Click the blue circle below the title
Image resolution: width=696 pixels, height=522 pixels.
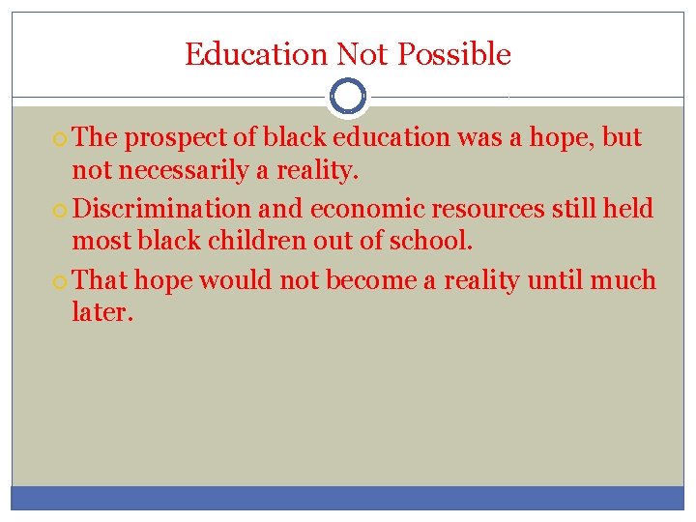348,97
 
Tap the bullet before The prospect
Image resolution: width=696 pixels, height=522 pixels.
61,139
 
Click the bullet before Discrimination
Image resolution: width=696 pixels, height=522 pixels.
61,210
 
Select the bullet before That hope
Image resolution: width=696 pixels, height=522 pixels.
61,281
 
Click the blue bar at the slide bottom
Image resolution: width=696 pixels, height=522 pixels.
348,497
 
